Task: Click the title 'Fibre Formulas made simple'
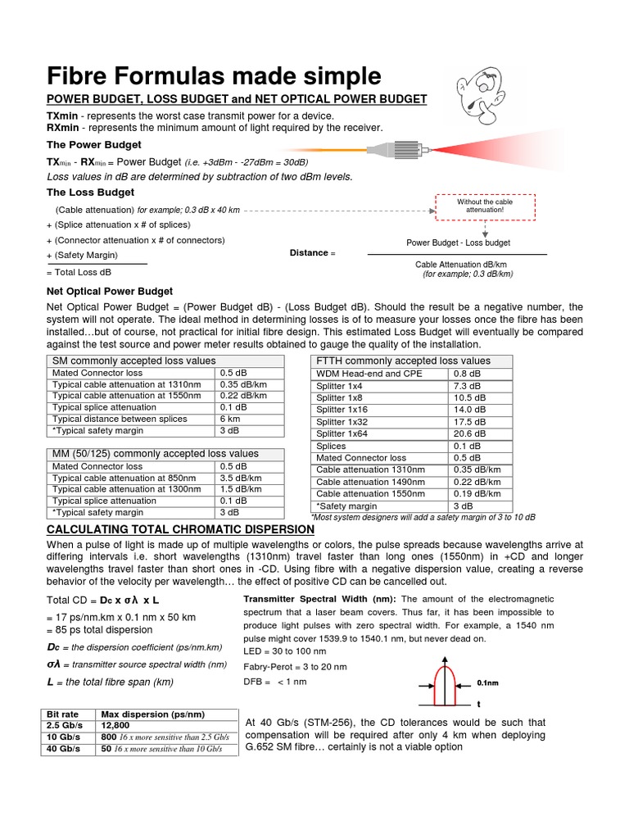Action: click(214, 76)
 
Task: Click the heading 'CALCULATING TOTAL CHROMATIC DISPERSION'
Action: click(180, 529)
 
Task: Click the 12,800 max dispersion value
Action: click(117, 726)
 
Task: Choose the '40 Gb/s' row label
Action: click(64, 749)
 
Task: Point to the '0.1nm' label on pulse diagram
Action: click(488, 682)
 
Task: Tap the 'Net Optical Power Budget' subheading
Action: click(109, 291)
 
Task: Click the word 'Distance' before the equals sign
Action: click(308, 253)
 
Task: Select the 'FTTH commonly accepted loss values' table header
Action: click(403, 361)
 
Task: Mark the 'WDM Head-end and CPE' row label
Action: click(369, 374)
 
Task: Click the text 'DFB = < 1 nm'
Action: click(275, 682)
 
